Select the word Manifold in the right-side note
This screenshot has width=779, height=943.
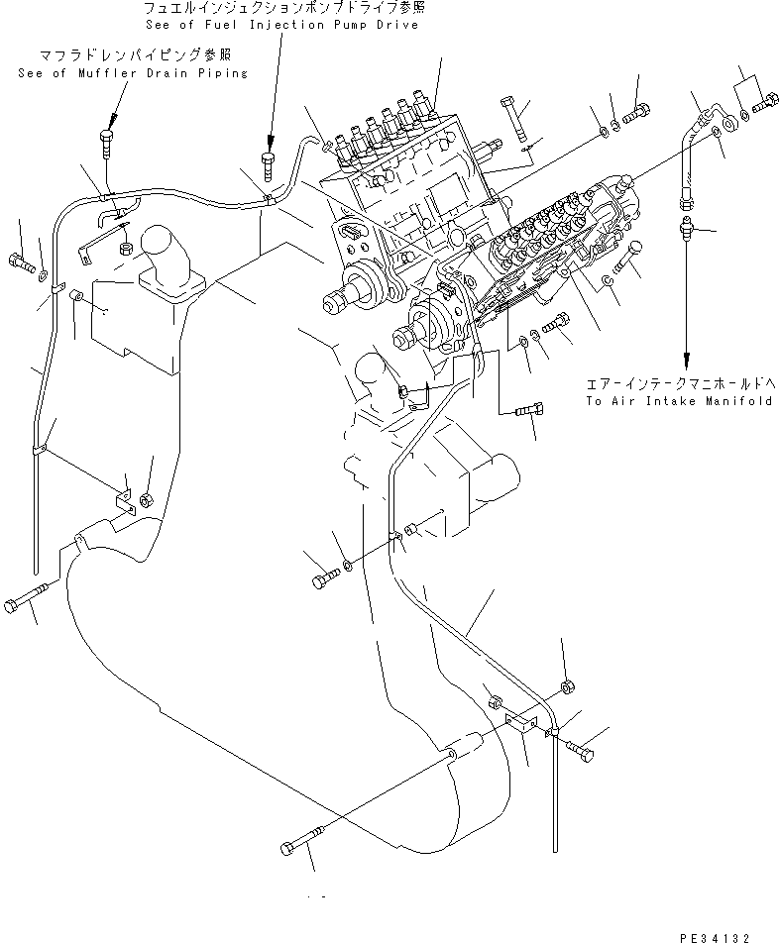tap(738, 401)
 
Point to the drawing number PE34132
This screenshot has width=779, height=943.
tap(721, 935)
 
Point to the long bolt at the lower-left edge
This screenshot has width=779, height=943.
tap(28, 601)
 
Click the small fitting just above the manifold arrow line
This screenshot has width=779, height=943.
tap(686, 231)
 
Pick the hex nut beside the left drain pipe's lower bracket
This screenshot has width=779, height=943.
tap(145, 498)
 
